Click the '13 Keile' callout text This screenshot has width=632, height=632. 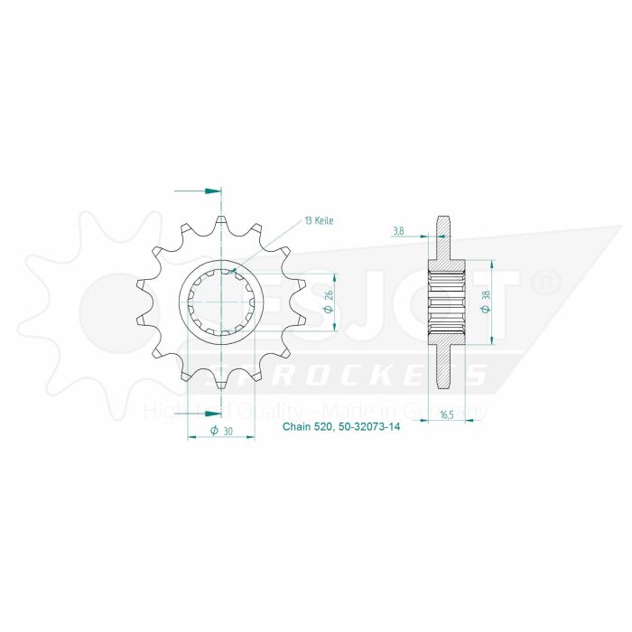[x=319, y=220]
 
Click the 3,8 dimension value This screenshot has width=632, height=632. [x=399, y=231]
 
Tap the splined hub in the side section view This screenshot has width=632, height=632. [x=445, y=302]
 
